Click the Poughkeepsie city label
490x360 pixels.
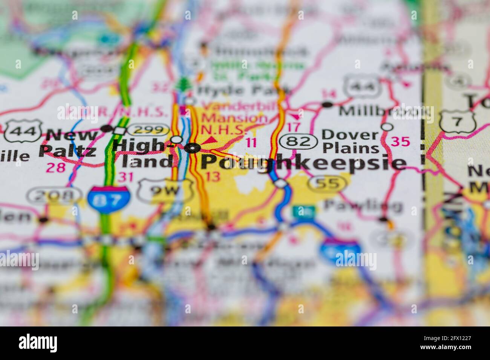[x=303, y=163]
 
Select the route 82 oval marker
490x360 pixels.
[x=297, y=142]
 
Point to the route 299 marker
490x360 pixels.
[x=148, y=130]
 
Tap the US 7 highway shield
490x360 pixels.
[x=458, y=121]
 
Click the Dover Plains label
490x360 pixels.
[x=351, y=141]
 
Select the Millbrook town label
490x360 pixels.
[x=384, y=111]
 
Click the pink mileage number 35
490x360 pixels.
[x=400, y=142]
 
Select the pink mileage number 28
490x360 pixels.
[x=56, y=167]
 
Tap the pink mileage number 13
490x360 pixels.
[x=213, y=176]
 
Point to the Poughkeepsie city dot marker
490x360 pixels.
[x=194, y=148]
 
